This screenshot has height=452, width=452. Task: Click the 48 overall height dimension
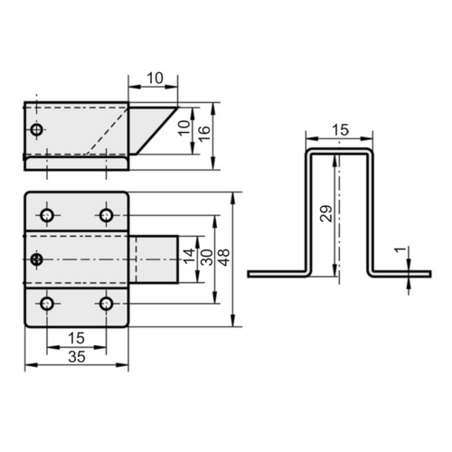(x=225, y=257)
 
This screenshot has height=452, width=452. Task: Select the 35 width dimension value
(x=77, y=357)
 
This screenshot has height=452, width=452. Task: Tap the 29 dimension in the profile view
(x=326, y=213)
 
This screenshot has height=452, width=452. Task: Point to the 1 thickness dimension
(x=400, y=250)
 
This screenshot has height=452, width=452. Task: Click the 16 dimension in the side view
(x=204, y=134)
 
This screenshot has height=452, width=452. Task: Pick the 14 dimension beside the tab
(x=190, y=256)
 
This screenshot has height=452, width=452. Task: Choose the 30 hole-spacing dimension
(x=207, y=257)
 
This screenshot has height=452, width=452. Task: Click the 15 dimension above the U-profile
(x=340, y=130)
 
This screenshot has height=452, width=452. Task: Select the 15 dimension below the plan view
(x=76, y=338)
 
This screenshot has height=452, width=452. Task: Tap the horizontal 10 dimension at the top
(x=155, y=78)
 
